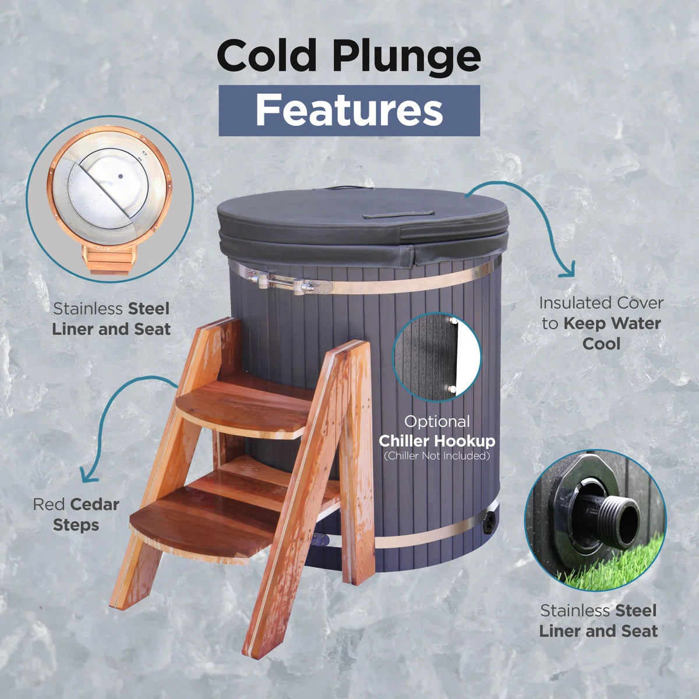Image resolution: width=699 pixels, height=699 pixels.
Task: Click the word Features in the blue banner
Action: pyautogui.click(x=349, y=110)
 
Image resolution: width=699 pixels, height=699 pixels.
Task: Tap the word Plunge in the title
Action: pyautogui.click(x=407, y=57)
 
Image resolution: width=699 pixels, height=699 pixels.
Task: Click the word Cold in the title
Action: pyautogui.click(x=267, y=55)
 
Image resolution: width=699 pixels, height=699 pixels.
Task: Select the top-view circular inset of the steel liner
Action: pyautogui.click(x=110, y=199)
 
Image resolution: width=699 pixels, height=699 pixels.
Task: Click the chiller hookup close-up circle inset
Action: pyautogui.click(x=437, y=357)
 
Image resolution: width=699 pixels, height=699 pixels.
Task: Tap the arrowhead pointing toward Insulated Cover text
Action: pyautogui.click(x=568, y=270)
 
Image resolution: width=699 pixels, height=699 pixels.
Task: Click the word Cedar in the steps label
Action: pyautogui.click(x=95, y=504)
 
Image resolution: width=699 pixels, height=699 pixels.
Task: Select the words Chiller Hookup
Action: pyautogui.click(x=437, y=441)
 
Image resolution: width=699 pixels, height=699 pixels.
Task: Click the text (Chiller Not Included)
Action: pyautogui.click(x=437, y=456)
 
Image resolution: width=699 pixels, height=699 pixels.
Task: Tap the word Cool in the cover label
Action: pyautogui.click(x=601, y=344)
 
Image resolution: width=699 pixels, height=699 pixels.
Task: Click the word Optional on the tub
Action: pyautogui.click(x=437, y=422)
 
